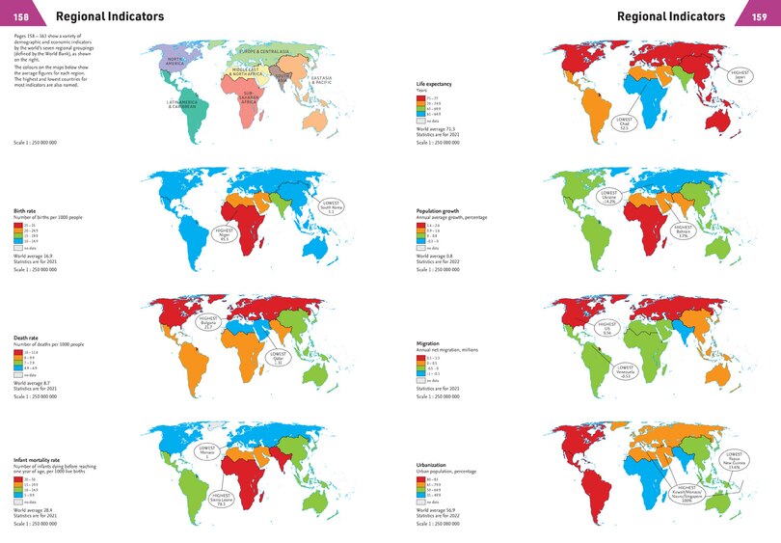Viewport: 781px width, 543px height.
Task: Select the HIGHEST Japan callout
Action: pyautogui.click(x=741, y=75)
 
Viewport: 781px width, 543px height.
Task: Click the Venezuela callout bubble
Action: pyautogui.click(x=625, y=371)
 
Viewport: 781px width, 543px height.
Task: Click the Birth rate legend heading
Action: pyautogui.click(x=26, y=208)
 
